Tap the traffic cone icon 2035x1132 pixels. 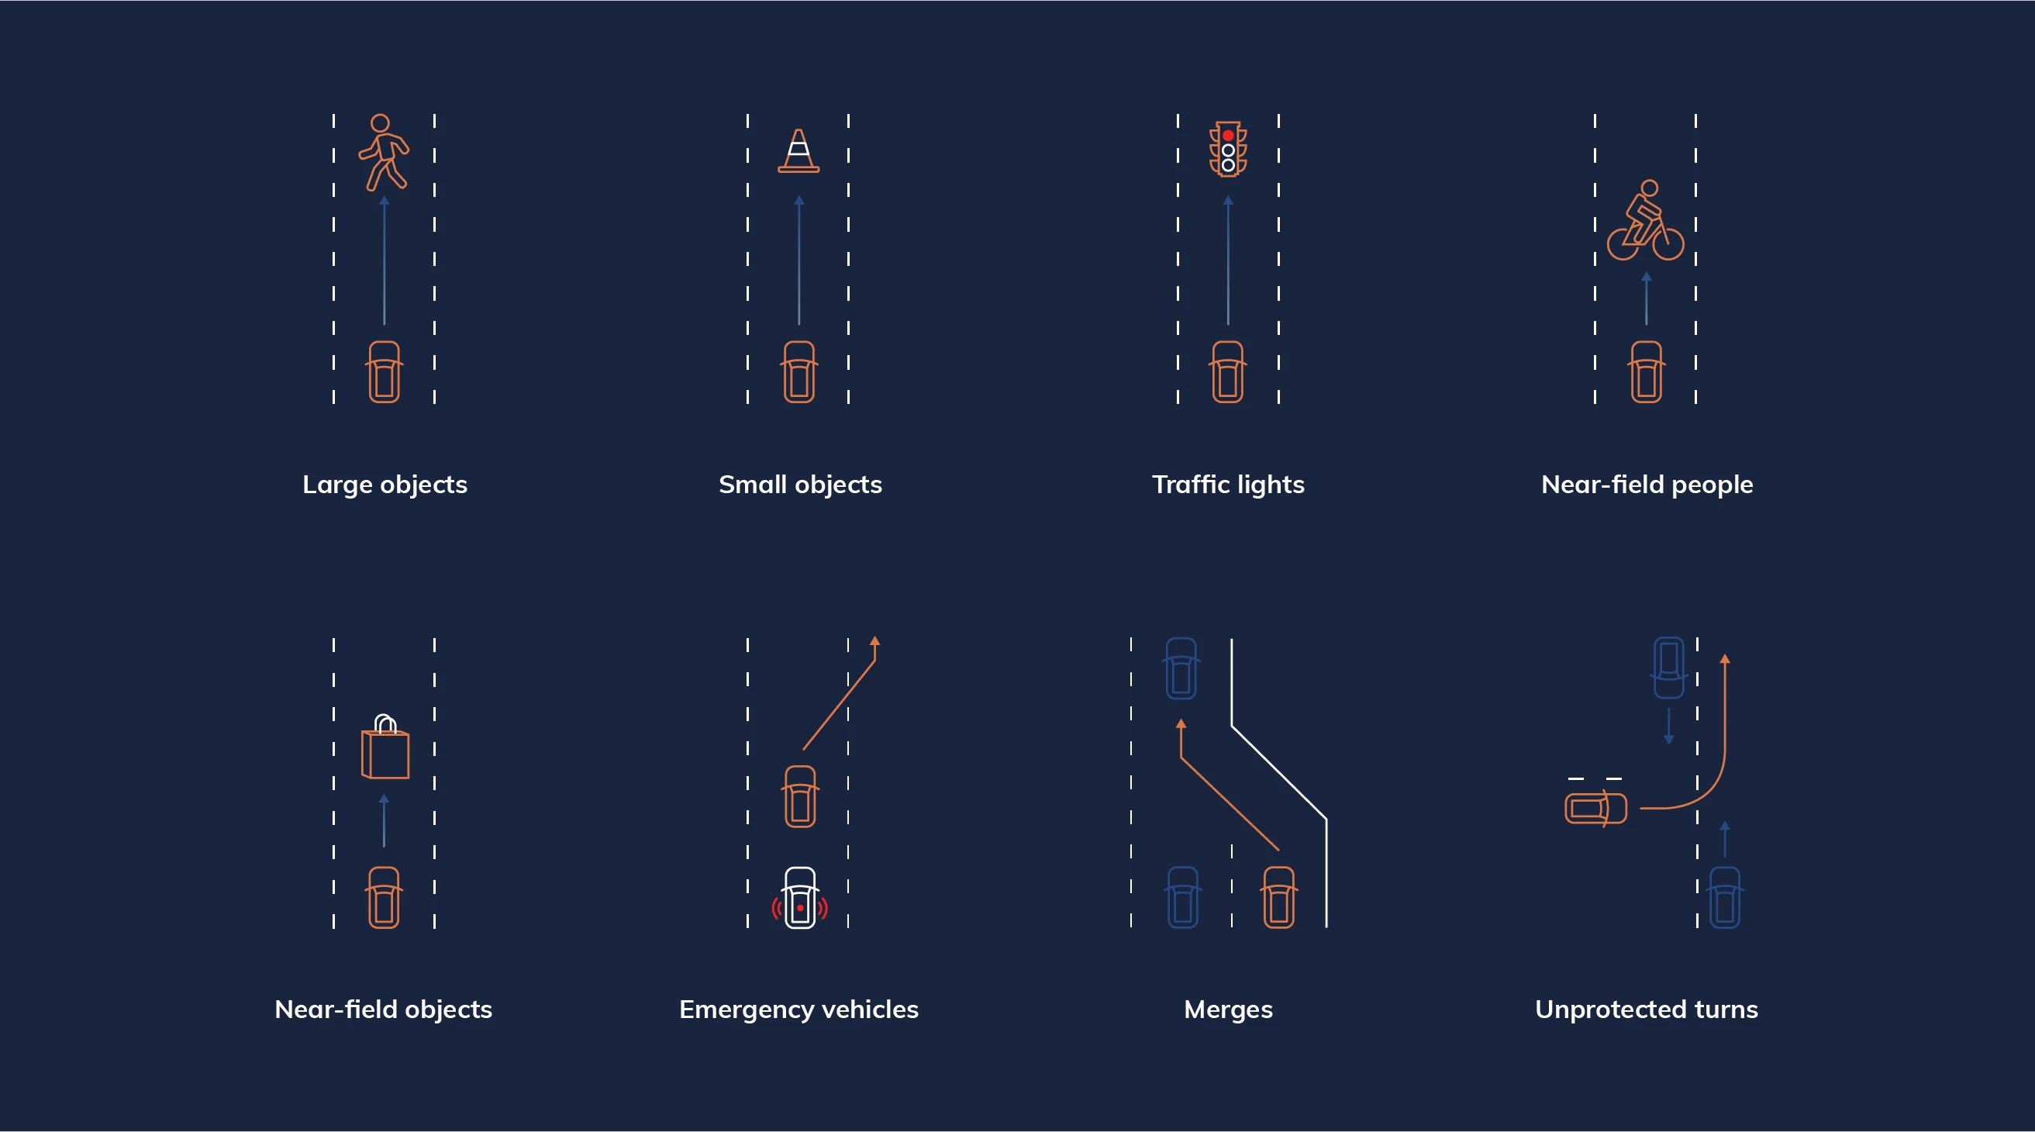(798, 150)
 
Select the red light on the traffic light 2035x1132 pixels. (1228, 136)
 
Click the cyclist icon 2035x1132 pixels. (1646, 220)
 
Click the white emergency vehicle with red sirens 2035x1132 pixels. (799, 898)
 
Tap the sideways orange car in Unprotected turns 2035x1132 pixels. (1595, 808)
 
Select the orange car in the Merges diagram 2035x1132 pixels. (1279, 897)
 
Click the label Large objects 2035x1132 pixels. (385, 485)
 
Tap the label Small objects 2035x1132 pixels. (800, 485)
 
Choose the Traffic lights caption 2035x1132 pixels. (1229, 485)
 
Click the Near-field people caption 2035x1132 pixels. (1647, 485)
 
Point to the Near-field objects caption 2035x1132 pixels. (383, 1009)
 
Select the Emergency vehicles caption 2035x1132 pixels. (798, 1009)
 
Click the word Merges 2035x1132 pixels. (1229, 1009)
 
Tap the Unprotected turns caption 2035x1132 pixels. (1647, 1009)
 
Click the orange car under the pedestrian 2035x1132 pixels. (385, 372)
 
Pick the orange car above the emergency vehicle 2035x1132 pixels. (800, 796)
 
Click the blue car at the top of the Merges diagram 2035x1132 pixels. (1181, 668)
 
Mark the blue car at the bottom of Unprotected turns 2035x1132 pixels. (1725, 897)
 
